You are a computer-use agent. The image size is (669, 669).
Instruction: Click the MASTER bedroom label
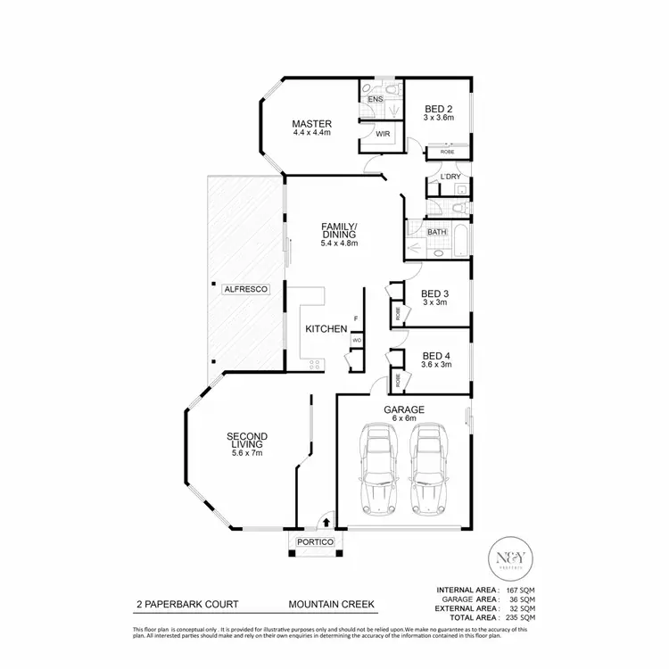click(x=311, y=124)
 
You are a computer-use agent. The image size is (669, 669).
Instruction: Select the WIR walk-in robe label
click(x=382, y=135)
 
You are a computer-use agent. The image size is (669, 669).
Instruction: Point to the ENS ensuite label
click(x=375, y=99)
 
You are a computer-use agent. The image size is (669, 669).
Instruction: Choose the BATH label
click(x=436, y=232)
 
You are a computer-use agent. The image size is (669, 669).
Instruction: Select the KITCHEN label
click(x=326, y=329)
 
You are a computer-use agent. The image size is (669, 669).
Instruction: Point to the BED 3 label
click(x=434, y=293)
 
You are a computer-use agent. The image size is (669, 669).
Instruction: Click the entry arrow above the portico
click(x=326, y=521)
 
